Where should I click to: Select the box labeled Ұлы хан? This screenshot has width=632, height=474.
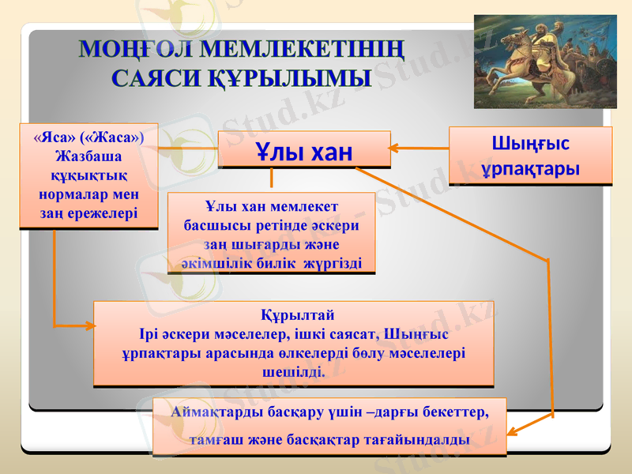[x=304, y=150]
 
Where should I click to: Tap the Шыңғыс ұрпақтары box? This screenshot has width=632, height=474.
[x=530, y=156]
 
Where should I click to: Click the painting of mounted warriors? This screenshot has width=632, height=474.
[x=544, y=61]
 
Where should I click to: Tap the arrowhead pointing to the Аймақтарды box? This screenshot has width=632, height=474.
[x=512, y=431]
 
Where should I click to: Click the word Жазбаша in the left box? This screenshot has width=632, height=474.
[x=87, y=155]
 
